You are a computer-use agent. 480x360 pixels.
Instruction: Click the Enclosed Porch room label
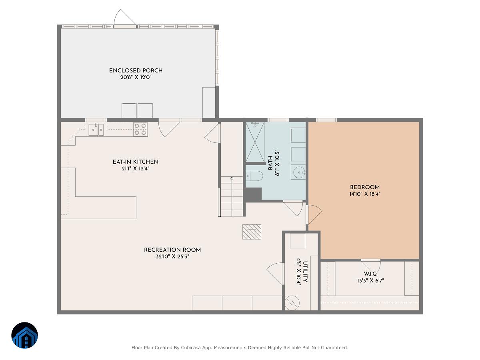(x=136, y=71)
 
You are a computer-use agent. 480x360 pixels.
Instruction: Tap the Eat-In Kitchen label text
(x=135, y=162)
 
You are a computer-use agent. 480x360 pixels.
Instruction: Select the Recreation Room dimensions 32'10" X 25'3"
(x=172, y=257)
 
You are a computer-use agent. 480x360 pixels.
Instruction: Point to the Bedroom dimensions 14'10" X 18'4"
(x=365, y=194)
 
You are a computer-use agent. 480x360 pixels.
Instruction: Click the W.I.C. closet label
(x=370, y=274)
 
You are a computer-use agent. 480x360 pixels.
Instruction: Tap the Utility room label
(x=306, y=272)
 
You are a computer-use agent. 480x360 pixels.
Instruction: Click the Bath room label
(x=270, y=163)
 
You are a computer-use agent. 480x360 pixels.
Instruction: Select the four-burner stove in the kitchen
(x=140, y=129)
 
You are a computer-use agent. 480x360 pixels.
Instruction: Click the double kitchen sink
(x=96, y=130)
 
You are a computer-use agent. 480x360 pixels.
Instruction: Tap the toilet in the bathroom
(x=254, y=176)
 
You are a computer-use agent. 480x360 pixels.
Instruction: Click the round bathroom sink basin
(x=299, y=172)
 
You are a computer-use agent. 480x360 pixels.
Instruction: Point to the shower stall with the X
(x=255, y=142)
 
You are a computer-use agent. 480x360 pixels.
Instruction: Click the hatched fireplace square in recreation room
(x=252, y=232)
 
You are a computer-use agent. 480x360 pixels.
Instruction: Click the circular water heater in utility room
(x=292, y=303)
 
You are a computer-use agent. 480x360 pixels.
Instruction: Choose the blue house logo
(x=24, y=335)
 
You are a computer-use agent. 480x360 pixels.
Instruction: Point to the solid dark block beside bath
(x=253, y=194)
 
